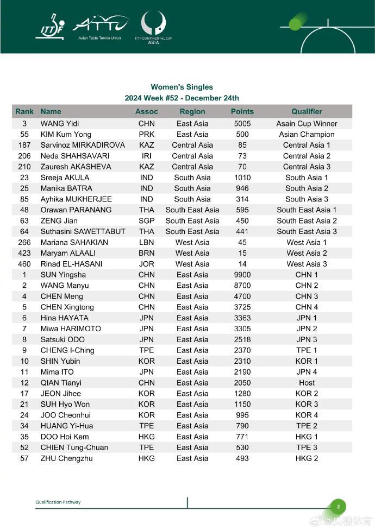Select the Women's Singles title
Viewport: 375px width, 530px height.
(182, 87)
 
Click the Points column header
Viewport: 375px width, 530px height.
(242, 111)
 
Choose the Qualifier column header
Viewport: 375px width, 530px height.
(307, 111)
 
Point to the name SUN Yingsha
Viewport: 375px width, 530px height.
(64, 275)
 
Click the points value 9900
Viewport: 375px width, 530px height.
(242, 275)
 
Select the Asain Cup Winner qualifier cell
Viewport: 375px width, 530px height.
(307, 124)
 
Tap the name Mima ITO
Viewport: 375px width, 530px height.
(57, 372)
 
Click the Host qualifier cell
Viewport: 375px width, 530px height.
(307, 383)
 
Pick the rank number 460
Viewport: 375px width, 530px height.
(24, 264)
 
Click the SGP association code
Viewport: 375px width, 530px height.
(146, 221)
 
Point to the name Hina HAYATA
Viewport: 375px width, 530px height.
(64, 318)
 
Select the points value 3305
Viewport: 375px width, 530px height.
(242, 329)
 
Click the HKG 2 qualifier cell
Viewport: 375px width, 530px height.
(307, 458)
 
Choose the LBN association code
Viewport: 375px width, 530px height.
(146, 243)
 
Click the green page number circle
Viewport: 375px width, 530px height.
(337, 507)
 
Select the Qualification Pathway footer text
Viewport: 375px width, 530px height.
(58, 502)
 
